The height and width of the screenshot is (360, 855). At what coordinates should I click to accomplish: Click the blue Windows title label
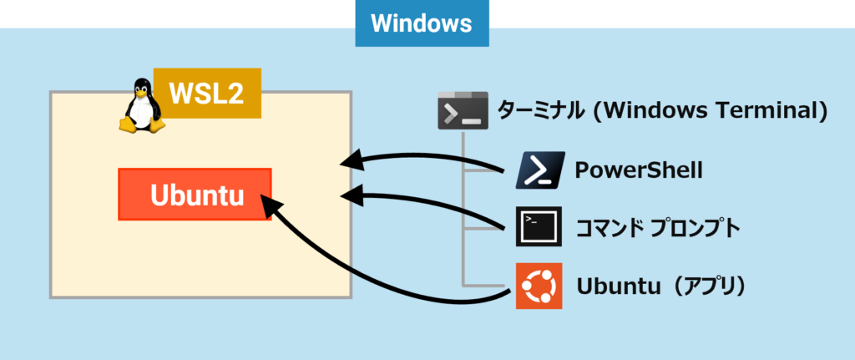(422, 23)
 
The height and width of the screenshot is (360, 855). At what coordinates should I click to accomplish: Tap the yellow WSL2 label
(207, 93)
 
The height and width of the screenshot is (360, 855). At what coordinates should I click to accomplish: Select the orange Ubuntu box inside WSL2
(195, 195)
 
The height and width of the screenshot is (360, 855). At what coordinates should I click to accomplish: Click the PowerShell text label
(639, 171)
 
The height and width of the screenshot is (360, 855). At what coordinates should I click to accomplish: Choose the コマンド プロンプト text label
(659, 227)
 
